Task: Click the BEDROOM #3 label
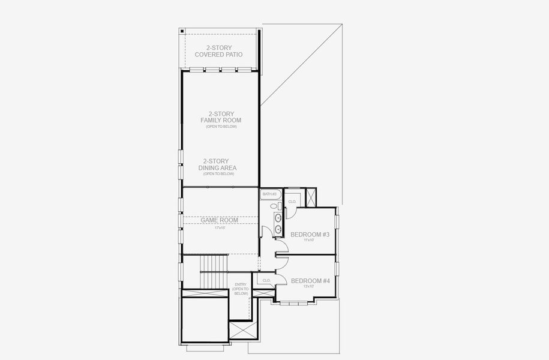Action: point(310,234)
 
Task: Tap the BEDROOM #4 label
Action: point(310,280)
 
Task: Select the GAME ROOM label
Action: point(220,220)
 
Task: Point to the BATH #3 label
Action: point(269,194)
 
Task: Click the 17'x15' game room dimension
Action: point(220,227)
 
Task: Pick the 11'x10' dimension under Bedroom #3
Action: point(310,240)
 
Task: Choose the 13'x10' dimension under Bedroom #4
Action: point(310,286)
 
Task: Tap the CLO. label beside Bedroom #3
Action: point(292,202)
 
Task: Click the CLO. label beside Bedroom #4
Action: point(266,280)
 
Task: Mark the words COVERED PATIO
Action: point(220,55)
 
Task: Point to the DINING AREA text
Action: point(220,168)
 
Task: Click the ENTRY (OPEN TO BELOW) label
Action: point(241,289)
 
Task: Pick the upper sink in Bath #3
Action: point(277,217)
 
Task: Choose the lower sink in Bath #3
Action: point(277,229)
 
